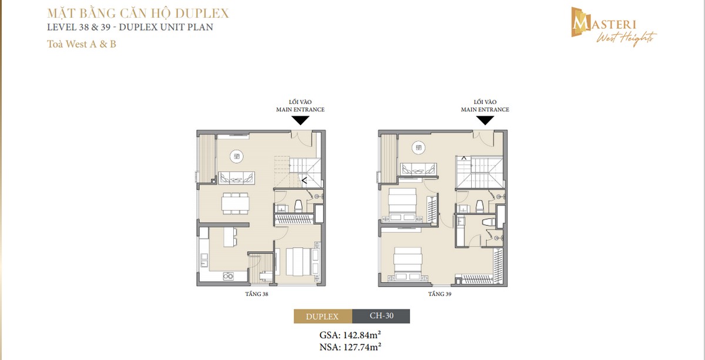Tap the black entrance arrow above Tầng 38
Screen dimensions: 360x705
[x=300, y=120]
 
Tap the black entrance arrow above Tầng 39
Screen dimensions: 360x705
[x=485, y=120]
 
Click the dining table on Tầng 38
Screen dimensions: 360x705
[x=236, y=203]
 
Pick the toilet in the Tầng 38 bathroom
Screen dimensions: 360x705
[x=298, y=206]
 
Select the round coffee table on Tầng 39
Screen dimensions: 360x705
[x=418, y=147]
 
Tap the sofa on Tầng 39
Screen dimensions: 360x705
[x=418, y=169]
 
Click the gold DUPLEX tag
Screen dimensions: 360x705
[x=323, y=317]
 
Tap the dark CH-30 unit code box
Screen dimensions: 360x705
[x=381, y=317]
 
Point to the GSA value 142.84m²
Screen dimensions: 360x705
[x=352, y=335]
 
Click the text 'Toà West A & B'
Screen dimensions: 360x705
[x=82, y=44]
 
